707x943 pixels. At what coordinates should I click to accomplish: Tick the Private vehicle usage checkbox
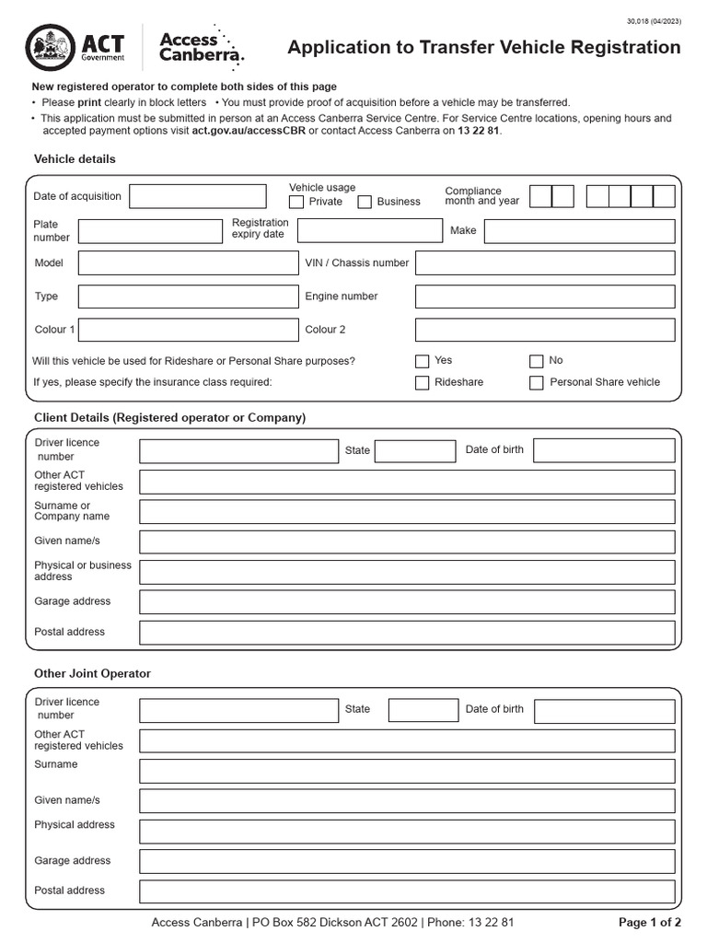pyautogui.click(x=296, y=202)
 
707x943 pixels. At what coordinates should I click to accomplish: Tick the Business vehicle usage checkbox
pyautogui.click(x=365, y=202)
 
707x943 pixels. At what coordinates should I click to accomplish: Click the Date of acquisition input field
pyautogui.click(x=198, y=196)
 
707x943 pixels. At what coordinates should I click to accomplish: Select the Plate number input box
pyautogui.click(x=150, y=231)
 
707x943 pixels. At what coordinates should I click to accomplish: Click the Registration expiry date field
pyautogui.click(x=370, y=230)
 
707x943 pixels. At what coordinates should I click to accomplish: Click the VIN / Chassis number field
pyautogui.click(x=545, y=263)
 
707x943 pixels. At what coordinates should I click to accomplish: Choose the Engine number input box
pyautogui.click(x=545, y=297)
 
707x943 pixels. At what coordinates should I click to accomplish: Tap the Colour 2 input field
pyautogui.click(x=545, y=330)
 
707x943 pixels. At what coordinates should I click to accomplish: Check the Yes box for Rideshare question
pyautogui.click(x=423, y=362)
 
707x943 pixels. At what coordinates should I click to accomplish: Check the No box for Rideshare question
pyautogui.click(x=537, y=362)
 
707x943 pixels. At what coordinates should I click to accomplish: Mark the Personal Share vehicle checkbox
pyautogui.click(x=537, y=383)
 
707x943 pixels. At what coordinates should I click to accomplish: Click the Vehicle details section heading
pyautogui.click(x=75, y=159)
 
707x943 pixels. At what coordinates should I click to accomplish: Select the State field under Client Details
pyautogui.click(x=415, y=450)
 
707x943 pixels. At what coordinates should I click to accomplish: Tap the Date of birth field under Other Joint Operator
pyautogui.click(x=604, y=711)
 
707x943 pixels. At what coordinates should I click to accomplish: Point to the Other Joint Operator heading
pyautogui.click(x=92, y=674)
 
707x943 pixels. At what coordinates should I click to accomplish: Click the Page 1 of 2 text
pyautogui.click(x=650, y=923)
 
